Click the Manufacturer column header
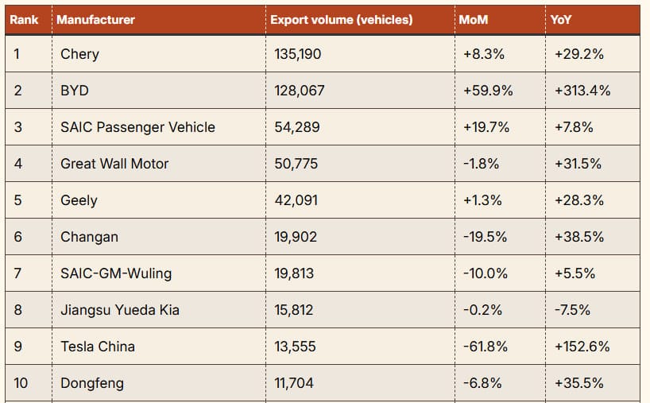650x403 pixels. pyautogui.click(x=95, y=20)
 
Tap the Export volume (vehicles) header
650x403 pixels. pyautogui.click(x=341, y=20)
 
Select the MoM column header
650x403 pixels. pyautogui.click(x=474, y=20)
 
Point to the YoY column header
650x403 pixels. pyautogui.click(x=561, y=20)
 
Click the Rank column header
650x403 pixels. pyautogui.click(x=24, y=20)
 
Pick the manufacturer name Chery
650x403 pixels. pyautogui.click(x=79, y=54)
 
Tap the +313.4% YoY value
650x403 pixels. pyautogui.click(x=582, y=91)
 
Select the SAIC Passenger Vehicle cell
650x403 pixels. pyautogui.click(x=137, y=127)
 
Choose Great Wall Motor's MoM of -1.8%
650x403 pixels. pyautogui.click(x=481, y=164)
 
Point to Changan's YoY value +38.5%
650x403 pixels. pyautogui.click(x=578, y=237)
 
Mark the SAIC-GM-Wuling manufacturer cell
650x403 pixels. pyautogui.click(x=116, y=273)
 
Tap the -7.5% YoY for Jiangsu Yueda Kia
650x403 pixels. pyautogui.click(x=572, y=310)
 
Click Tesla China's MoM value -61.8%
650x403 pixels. pyautogui.click(x=484, y=347)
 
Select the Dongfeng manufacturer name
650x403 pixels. pyautogui.click(x=91, y=383)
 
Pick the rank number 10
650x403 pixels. pyautogui.click(x=21, y=383)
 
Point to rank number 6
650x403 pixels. pyautogui.click(x=18, y=237)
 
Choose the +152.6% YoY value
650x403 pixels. pyautogui.click(x=582, y=347)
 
